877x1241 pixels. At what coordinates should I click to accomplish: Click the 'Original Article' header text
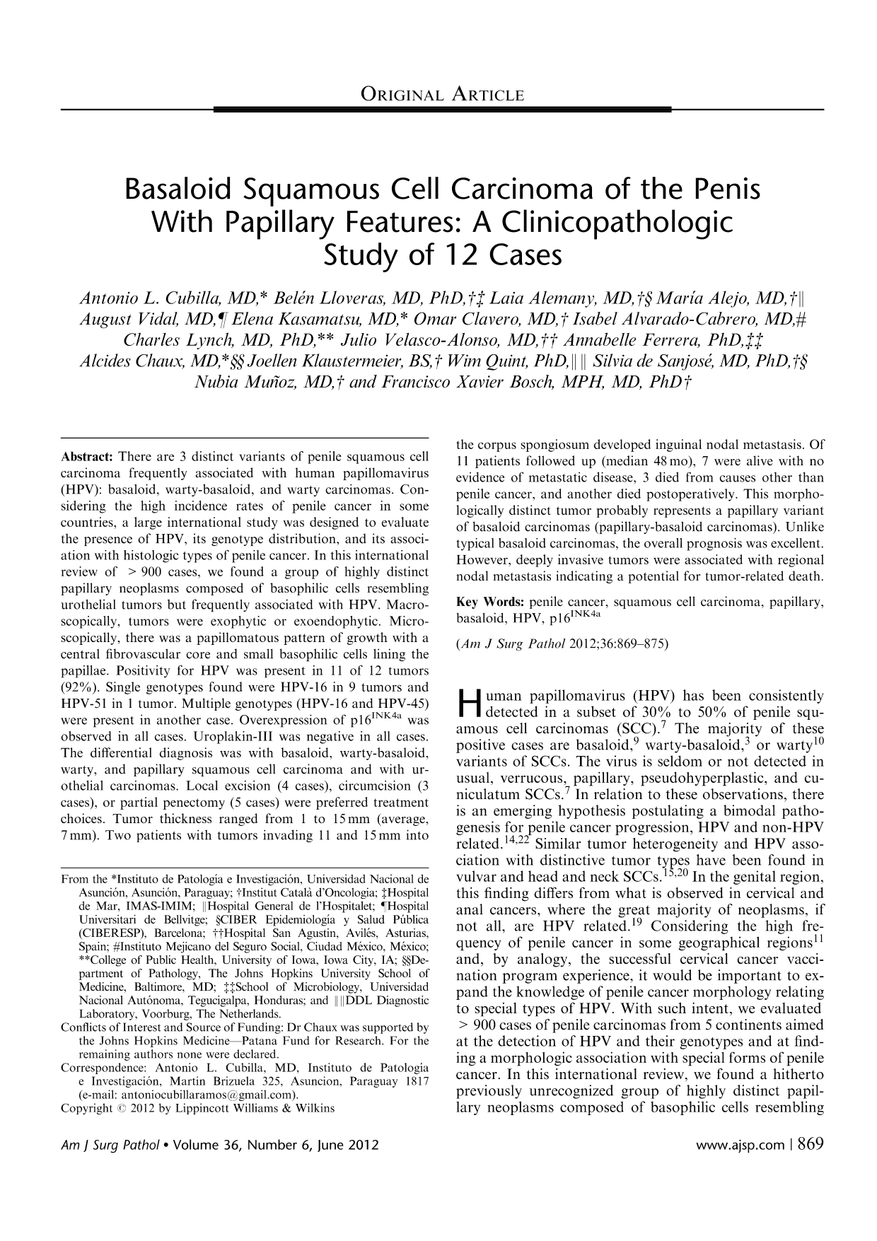point(443,95)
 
